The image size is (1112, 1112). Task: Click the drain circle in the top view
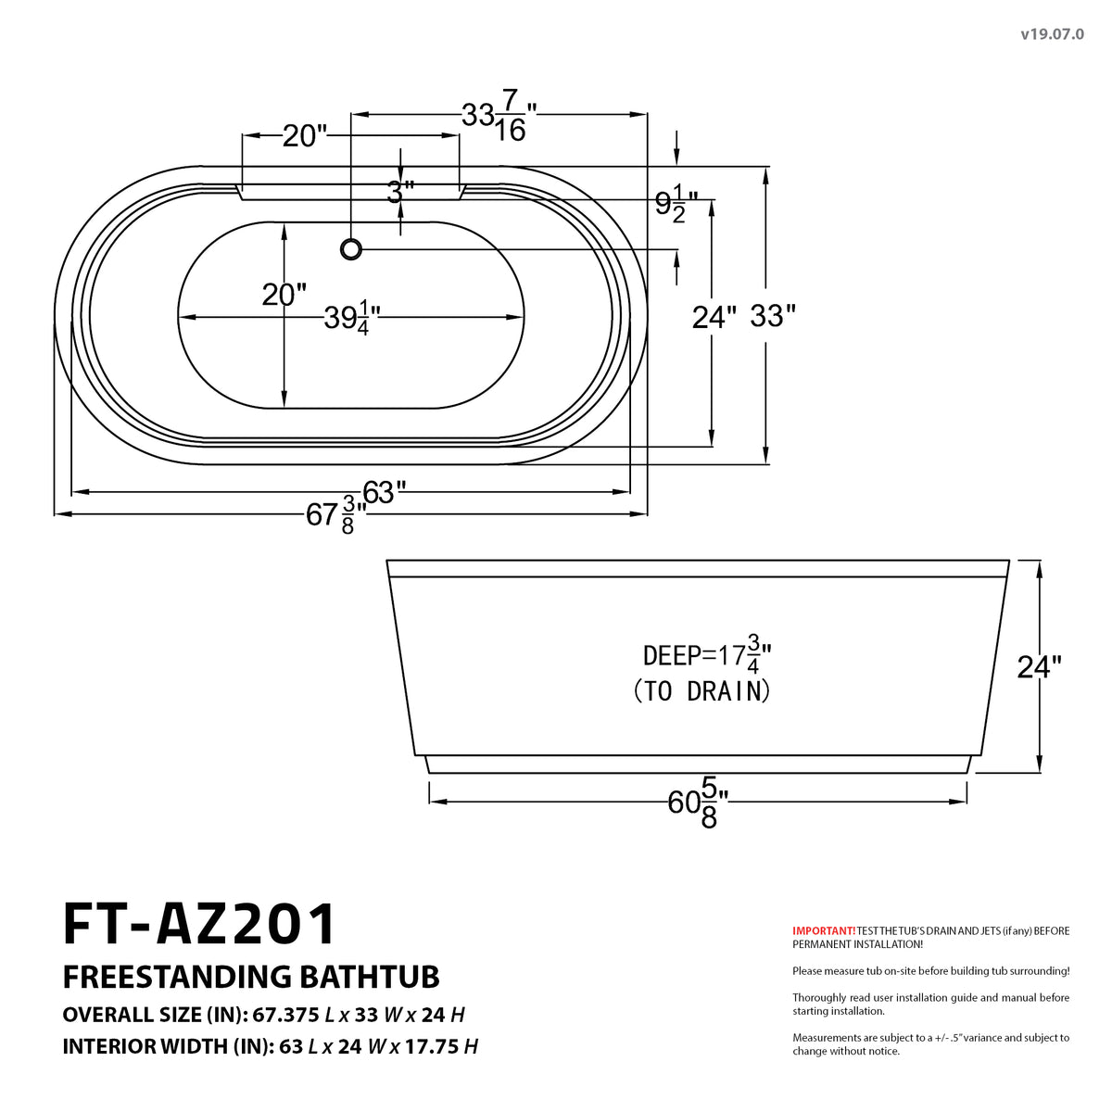pos(351,248)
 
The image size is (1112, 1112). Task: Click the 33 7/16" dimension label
pos(499,120)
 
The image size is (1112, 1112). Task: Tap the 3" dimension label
pos(399,192)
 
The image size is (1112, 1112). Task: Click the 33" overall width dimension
pos(772,316)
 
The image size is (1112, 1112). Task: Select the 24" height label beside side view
pos(1039,666)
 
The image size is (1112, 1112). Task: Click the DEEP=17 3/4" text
pos(707,655)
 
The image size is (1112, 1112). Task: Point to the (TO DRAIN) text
pos(701,691)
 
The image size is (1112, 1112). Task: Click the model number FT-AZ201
pos(200,924)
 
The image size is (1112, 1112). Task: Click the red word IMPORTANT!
pos(824,930)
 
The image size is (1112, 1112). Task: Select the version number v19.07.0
pos(1052,34)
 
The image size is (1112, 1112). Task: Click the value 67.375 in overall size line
pos(286,1015)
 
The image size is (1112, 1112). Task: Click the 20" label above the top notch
pos(305,136)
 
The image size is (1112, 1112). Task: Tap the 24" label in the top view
pos(714,317)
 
